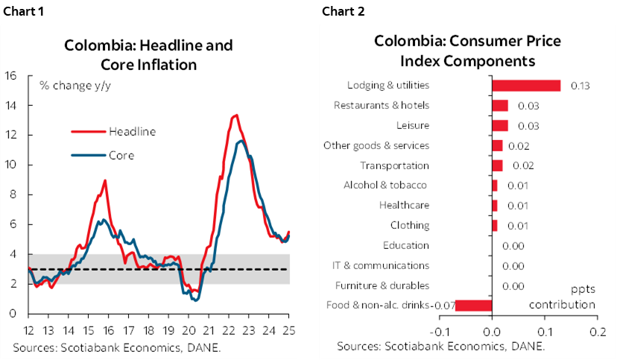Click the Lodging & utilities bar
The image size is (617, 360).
526,86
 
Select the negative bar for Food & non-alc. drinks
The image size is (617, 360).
474,305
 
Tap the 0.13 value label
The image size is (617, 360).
580,86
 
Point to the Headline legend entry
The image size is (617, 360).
132,131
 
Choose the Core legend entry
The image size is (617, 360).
121,156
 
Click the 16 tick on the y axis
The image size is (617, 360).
11,75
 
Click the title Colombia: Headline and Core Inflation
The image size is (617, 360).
148,54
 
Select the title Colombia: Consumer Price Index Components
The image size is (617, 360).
467,51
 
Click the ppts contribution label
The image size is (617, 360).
562,297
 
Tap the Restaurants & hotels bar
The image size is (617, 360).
500,106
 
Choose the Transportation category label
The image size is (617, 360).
394,165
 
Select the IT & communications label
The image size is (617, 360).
380,265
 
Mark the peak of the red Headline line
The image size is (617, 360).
235,115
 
